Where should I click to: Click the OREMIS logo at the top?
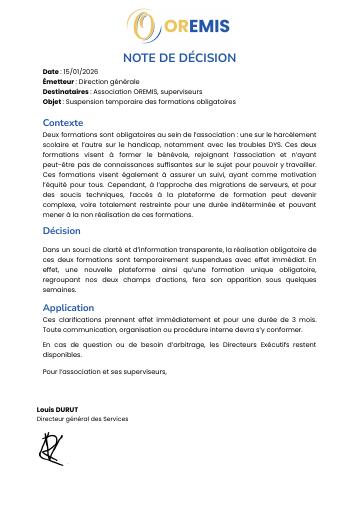(x=179, y=25)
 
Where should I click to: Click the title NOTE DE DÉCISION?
(x=179, y=58)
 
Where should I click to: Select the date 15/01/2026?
(x=80, y=72)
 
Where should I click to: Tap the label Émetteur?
(x=58, y=81)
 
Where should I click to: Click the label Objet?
(x=52, y=101)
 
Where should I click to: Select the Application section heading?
(x=68, y=307)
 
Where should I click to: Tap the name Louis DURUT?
(x=57, y=409)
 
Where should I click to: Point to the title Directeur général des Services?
(x=82, y=418)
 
